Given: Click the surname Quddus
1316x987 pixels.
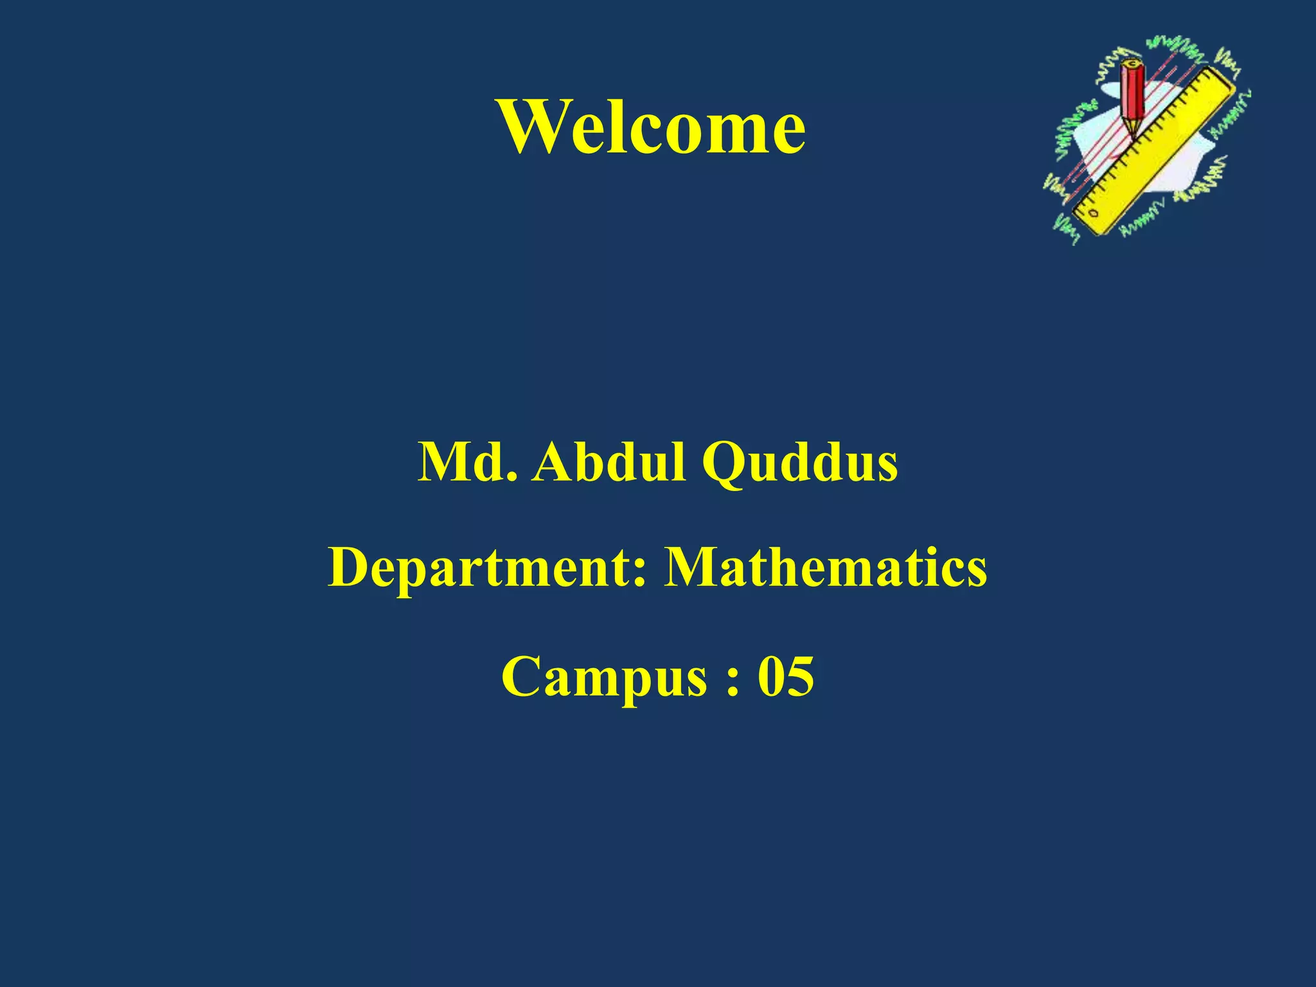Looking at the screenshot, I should point(799,464).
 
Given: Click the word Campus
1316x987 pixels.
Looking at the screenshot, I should point(604,679).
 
